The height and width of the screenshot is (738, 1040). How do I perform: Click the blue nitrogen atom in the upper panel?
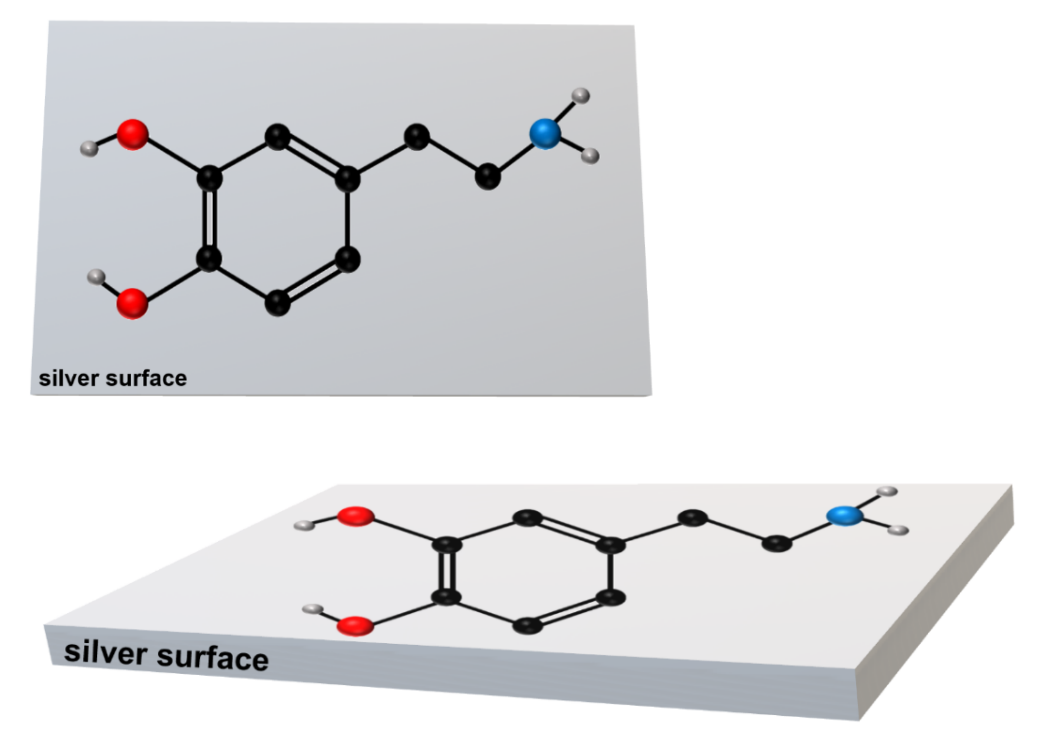[545, 134]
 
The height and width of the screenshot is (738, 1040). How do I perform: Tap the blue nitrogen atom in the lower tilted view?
[844, 516]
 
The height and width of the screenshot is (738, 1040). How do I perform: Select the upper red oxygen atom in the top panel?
[132, 135]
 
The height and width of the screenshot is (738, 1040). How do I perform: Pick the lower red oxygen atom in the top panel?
[132, 304]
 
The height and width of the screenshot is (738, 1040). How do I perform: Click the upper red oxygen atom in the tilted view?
[356, 516]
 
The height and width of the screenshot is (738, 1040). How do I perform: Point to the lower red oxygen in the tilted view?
[356, 626]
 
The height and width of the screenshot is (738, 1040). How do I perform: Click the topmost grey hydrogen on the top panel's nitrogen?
[581, 96]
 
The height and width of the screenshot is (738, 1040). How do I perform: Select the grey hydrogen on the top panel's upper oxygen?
[89, 149]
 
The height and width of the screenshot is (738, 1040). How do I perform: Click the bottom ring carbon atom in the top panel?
[278, 303]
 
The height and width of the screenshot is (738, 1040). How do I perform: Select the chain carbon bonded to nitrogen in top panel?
[488, 176]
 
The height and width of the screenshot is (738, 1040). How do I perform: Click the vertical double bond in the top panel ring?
[209, 218]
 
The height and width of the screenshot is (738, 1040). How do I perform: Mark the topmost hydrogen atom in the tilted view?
[887, 491]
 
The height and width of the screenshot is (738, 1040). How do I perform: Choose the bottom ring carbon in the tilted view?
[528, 626]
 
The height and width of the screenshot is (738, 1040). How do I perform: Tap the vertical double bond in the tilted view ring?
[447, 571]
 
